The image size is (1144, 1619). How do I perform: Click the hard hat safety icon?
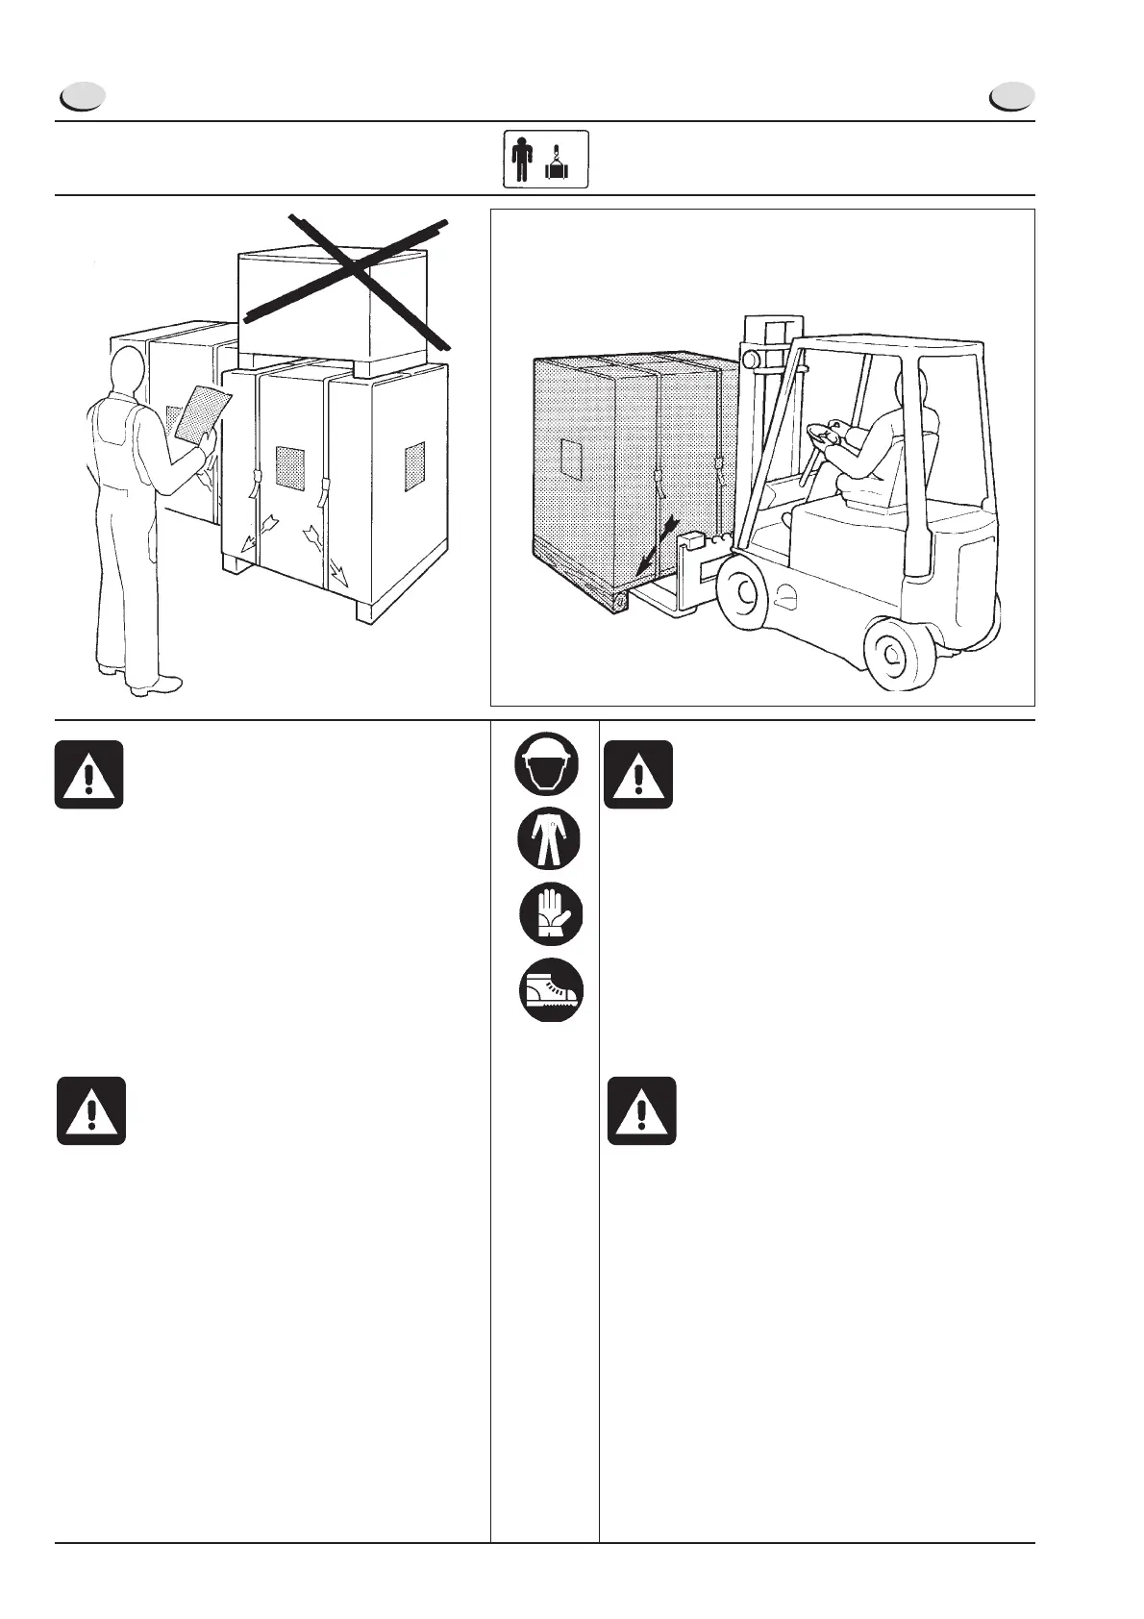(548, 764)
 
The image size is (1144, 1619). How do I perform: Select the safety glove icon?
(551, 914)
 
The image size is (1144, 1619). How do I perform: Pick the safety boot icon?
(551, 989)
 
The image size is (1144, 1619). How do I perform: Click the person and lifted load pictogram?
(546, 159)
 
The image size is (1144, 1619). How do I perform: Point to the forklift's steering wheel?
(827, 437)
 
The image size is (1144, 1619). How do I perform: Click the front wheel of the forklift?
(742, 597)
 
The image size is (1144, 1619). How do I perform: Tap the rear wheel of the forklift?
(898, 655)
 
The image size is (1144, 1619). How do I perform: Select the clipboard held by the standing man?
(204, 414)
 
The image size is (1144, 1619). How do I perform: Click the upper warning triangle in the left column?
(88, 774)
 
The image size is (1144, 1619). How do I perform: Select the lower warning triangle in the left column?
(91, 1110)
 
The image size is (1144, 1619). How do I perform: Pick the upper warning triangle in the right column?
(638, 774)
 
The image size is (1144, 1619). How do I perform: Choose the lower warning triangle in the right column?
(641, 1110)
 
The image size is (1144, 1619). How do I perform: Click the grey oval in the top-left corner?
(82, 97)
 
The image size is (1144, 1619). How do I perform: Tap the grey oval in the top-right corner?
(1012, 97)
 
